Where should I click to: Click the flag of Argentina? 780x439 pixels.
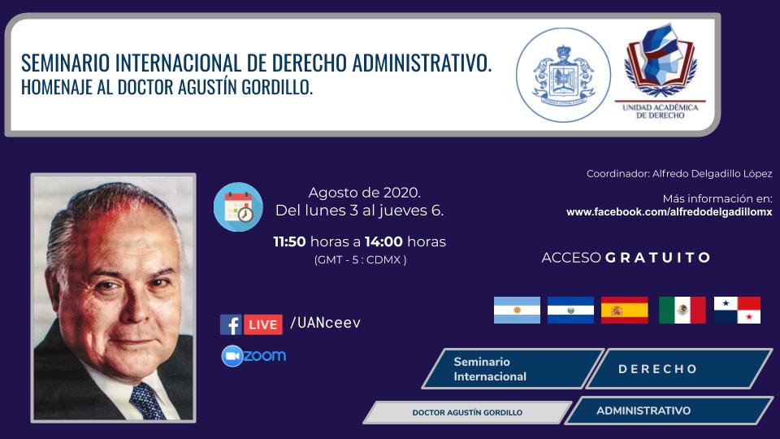tap(517, 310)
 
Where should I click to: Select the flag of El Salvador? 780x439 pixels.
tap(570, 310)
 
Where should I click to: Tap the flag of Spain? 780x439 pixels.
tap(624, 310)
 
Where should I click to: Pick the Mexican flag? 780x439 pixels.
tap(682, 310)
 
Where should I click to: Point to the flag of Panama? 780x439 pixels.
tap(737, 310)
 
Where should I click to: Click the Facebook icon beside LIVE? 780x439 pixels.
tap(231, 324)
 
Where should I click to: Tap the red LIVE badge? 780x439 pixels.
tap(263, 324)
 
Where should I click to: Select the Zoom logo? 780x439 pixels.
tap(253, 356)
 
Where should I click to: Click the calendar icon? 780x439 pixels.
tap(238, 207)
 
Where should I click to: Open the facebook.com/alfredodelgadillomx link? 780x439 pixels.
tap(669, 212)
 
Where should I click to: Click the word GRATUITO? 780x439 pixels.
tap(657, 258)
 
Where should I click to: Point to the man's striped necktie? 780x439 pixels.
tap(147, 401)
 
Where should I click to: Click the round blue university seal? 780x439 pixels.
tap(563, 75)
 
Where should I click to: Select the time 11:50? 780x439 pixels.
tap(289, 242)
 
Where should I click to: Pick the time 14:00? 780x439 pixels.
tap(383, 242)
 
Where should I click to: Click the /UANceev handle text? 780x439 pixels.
tap(325, 323)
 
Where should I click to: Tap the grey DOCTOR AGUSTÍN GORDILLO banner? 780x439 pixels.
tap(468, 413)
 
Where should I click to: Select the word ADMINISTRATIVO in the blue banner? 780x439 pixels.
tap(643, 411)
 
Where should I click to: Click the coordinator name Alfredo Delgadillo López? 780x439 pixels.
tap(713, 174)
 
